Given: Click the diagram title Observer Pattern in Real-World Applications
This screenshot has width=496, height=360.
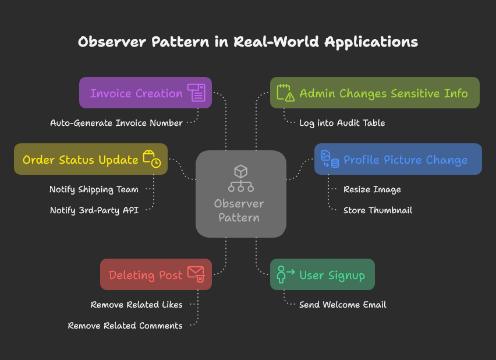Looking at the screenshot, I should pos(247,42).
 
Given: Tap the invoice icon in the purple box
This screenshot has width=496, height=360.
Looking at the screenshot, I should pos(196,93).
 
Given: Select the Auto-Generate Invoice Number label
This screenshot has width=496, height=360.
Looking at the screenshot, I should pos(116,123).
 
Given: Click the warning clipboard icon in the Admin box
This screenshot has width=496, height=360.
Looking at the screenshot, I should pos(285,93).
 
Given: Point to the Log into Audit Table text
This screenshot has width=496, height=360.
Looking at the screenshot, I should pos(342,123).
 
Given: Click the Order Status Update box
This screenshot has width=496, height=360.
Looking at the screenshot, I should pos(91,159).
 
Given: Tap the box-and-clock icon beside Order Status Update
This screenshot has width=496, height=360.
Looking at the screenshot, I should pos(152,159).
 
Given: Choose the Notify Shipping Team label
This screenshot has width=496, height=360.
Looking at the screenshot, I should pos(94,189).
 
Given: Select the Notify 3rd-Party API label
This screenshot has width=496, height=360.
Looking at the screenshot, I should pos(94,210).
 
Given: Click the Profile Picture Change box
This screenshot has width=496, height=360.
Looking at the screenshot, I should pos(398,159).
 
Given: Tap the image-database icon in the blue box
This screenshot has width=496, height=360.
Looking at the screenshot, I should pos(330,159).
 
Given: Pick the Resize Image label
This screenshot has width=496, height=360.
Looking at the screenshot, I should pos(372,189).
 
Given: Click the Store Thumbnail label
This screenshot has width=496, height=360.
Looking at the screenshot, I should pos(378,210).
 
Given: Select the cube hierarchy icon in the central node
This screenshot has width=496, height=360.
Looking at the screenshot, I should pos(240,178).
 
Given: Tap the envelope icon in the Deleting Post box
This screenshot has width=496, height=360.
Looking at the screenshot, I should pos(196,274).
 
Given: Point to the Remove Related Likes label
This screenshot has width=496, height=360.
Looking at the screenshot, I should pos(136,305).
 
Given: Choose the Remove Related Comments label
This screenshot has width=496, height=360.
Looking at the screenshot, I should pos(125,326).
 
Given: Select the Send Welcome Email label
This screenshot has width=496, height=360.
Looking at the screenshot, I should pos(342,305).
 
